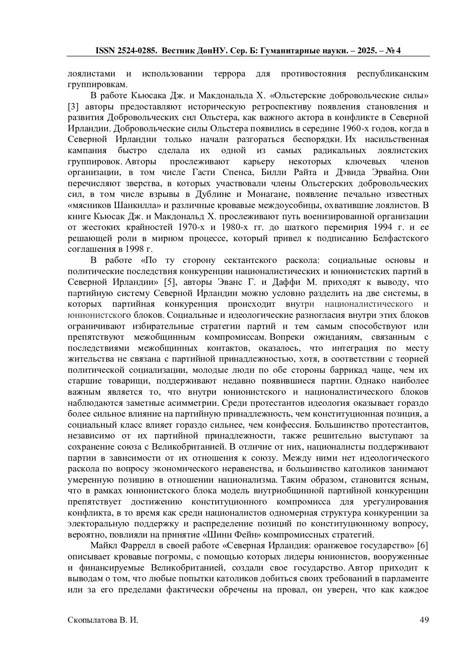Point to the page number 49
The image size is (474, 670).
[x=424, y=620]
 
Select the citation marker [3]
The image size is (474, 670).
[x=74, y=107]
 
